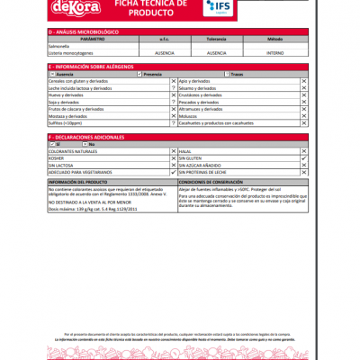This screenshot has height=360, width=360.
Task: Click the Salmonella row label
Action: point(59,46)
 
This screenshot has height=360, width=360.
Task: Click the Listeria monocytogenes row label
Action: point(71,52)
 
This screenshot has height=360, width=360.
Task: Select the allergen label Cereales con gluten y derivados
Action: point(81,81)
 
